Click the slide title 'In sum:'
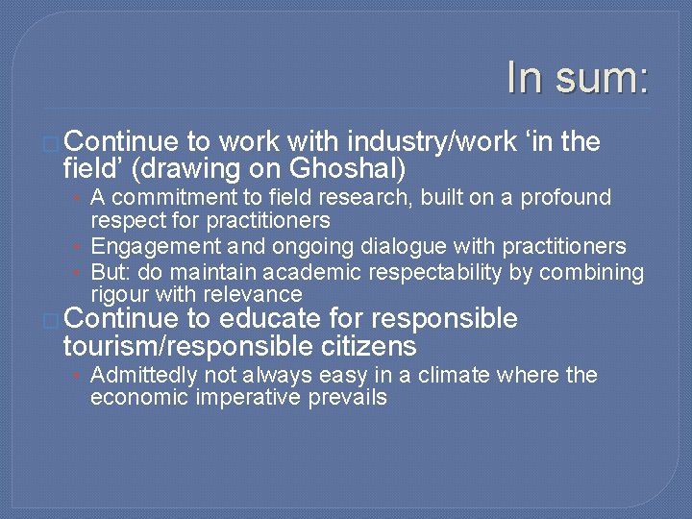point(578,77)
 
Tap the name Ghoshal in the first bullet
point(343,170)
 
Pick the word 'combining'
point(591,273)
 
